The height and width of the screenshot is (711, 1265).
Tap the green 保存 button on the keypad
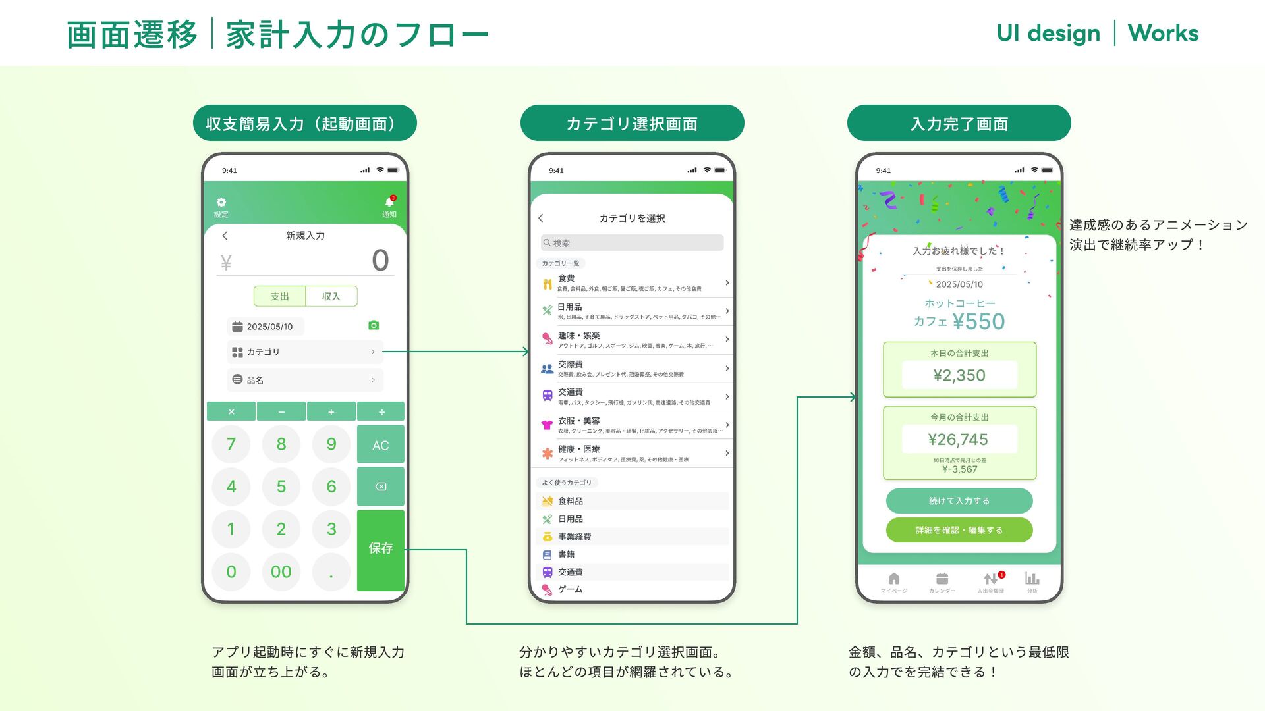point(380,548)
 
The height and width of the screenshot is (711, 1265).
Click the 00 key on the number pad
point(281,571)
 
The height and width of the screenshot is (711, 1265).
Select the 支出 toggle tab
point(279,296)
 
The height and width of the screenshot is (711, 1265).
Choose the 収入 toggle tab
point(331,296)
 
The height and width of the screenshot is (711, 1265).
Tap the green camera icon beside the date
point(374,325)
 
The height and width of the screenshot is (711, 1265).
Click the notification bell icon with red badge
point(389,202)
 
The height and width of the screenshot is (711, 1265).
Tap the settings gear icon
point(221,203)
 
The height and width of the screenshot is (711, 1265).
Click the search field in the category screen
point(632,243)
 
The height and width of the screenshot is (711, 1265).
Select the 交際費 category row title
point(571,364)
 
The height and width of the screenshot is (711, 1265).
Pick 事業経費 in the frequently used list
point(575,537)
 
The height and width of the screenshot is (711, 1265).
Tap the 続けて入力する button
point(959,501)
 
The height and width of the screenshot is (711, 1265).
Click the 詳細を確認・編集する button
point(959,530)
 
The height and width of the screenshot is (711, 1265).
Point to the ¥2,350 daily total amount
point(959,375)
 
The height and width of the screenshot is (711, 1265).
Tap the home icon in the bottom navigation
point(894,579)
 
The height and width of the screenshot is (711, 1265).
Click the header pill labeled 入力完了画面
point(959,123)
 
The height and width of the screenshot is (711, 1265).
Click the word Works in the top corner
point(1163,33)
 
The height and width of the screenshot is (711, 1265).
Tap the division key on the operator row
point(381,411)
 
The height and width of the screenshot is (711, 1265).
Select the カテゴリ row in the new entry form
point(304,352)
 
